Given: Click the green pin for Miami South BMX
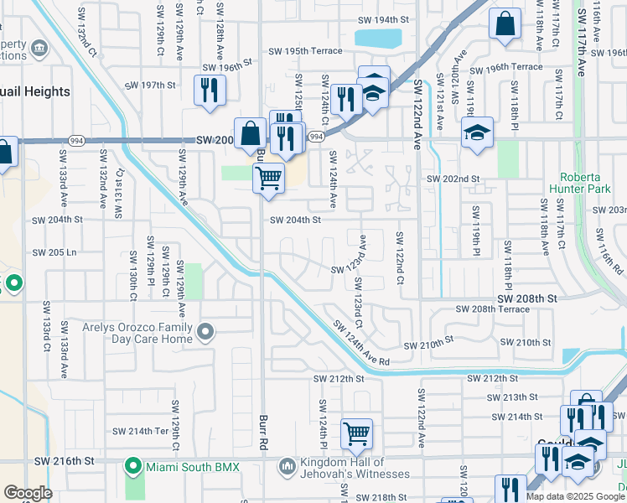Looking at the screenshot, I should [x=132, y=465].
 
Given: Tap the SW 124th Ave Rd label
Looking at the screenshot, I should [x=361, y=343].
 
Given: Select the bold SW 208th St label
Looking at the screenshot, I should [x=526, y=298].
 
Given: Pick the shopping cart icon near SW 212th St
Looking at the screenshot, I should [x=357, y=433].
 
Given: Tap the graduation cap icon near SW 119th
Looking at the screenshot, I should [x=477, y=133].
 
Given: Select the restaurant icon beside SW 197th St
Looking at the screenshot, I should [x=210, y=91].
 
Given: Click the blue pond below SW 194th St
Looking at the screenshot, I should [x=378, y=38].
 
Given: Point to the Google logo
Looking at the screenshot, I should [x=28, y=493].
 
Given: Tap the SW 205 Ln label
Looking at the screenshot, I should [x=54, y=252].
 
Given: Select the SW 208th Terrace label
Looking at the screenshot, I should [x=492, y=309].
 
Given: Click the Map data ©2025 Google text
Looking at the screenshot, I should [x=575, y=496].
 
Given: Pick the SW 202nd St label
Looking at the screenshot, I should [x=453, y=179].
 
